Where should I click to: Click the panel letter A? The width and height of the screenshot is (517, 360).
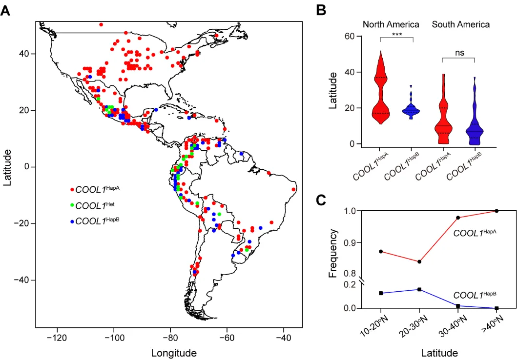point(5,11)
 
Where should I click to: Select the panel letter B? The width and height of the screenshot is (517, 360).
point(321,10)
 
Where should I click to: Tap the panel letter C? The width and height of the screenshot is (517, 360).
point(321,201)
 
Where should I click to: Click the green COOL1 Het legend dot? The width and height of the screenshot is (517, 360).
point(72,204)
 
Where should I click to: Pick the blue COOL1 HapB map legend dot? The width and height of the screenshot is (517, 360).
point(72,221)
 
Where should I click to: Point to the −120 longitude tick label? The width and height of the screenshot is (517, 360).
point(58,337)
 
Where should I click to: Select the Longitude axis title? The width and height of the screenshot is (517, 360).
point(174,353)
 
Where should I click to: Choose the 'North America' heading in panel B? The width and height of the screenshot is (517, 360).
point(391,24)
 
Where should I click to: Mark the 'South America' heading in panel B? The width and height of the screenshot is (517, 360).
point(461,24)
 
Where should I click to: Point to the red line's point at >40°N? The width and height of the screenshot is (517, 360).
point(496,211)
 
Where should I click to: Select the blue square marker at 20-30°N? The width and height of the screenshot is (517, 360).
point(419,289)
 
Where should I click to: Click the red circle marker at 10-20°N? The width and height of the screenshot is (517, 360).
point(381,251)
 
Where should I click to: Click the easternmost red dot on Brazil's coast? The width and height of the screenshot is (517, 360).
point(293,189)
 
